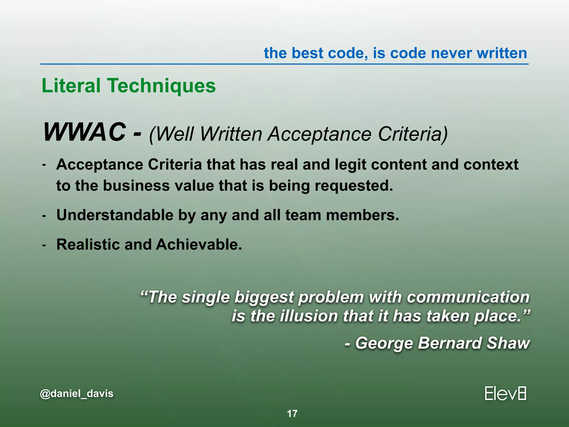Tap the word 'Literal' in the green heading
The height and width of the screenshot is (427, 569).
pyautogui.click(x=71, y=86)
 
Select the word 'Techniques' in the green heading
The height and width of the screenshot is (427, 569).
pyautogui.click(x=162, y=86)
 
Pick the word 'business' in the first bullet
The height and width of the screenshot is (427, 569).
pyautogui.click(x=136, y=186)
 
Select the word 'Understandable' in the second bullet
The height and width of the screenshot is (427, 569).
pyautogui.click(x=115, y=215)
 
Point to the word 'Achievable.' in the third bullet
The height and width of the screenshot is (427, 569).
pyautogui.click(x=199, y=245)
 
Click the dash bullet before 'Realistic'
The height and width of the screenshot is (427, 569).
pyautogui.click(x=44, y=245)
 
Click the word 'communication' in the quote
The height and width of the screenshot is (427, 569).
pyautogui.click(x=468, y=297)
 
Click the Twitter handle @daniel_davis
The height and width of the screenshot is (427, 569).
pyautogui.click(x=77, y=394)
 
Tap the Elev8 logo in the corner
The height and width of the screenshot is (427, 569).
pyautogui.click(x=505, y=394)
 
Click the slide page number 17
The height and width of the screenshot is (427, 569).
pyautogui.click(x=292, y=414)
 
